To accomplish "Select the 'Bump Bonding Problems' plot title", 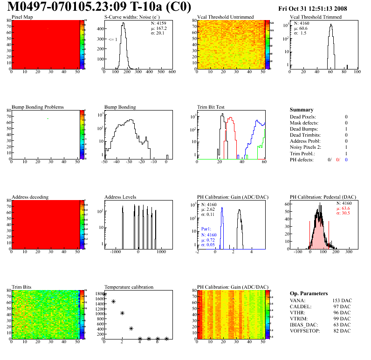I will point(38,107).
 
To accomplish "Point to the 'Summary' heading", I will point(302,110).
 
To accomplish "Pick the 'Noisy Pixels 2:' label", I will point(306,147).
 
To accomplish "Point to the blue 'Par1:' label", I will point(206,229).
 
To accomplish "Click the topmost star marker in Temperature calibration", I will point(104,294).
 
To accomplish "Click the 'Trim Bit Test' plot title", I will point(211,107).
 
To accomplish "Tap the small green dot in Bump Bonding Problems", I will point(48,118).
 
